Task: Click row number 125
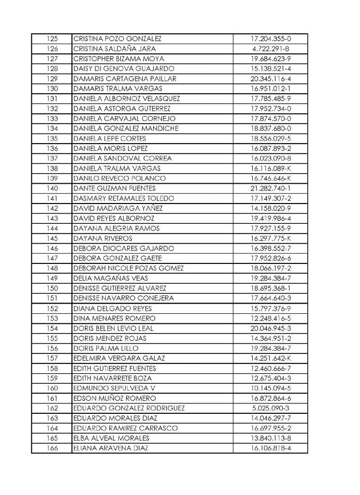(x=52, y=38)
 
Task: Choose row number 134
(x=52, y=128)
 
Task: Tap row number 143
(x=52, y=218)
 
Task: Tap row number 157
(x=52, y=358)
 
